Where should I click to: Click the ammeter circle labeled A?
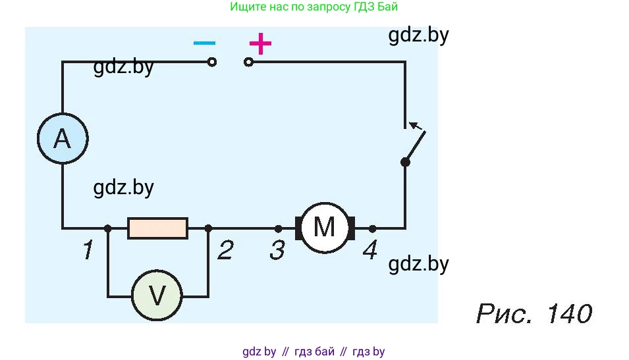(63, 138)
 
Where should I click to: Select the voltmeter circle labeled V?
(157, 296)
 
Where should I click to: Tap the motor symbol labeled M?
(325, 228)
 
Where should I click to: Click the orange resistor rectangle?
(157, 228)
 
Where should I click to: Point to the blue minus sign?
(204, 43)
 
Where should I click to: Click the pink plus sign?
(260, 43)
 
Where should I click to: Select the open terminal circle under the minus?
(212, 62)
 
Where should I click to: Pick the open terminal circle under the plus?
(249, 62)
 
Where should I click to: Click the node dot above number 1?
(107, 228)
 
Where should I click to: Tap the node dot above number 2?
(208, 228)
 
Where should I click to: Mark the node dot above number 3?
(279, 229)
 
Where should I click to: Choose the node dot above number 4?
(372, 229)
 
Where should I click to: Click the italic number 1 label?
(88, 249)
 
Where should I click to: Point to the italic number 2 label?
(225, 249)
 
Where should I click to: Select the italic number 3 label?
(277, 250)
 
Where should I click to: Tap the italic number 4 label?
(370, 249)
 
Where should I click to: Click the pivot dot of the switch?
(405, 162)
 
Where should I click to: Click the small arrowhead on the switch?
(414, 126)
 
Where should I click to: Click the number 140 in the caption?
(569, 313)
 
